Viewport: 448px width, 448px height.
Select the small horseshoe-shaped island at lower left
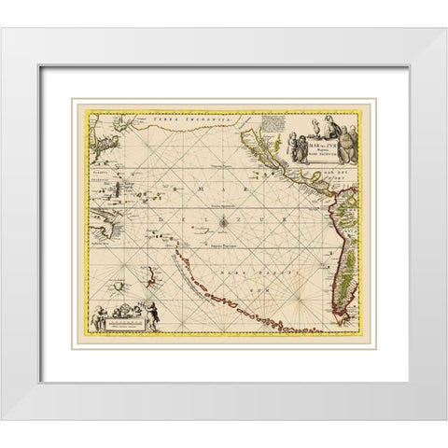tap(118, 280)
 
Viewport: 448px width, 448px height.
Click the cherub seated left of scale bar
tap(97, 322)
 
